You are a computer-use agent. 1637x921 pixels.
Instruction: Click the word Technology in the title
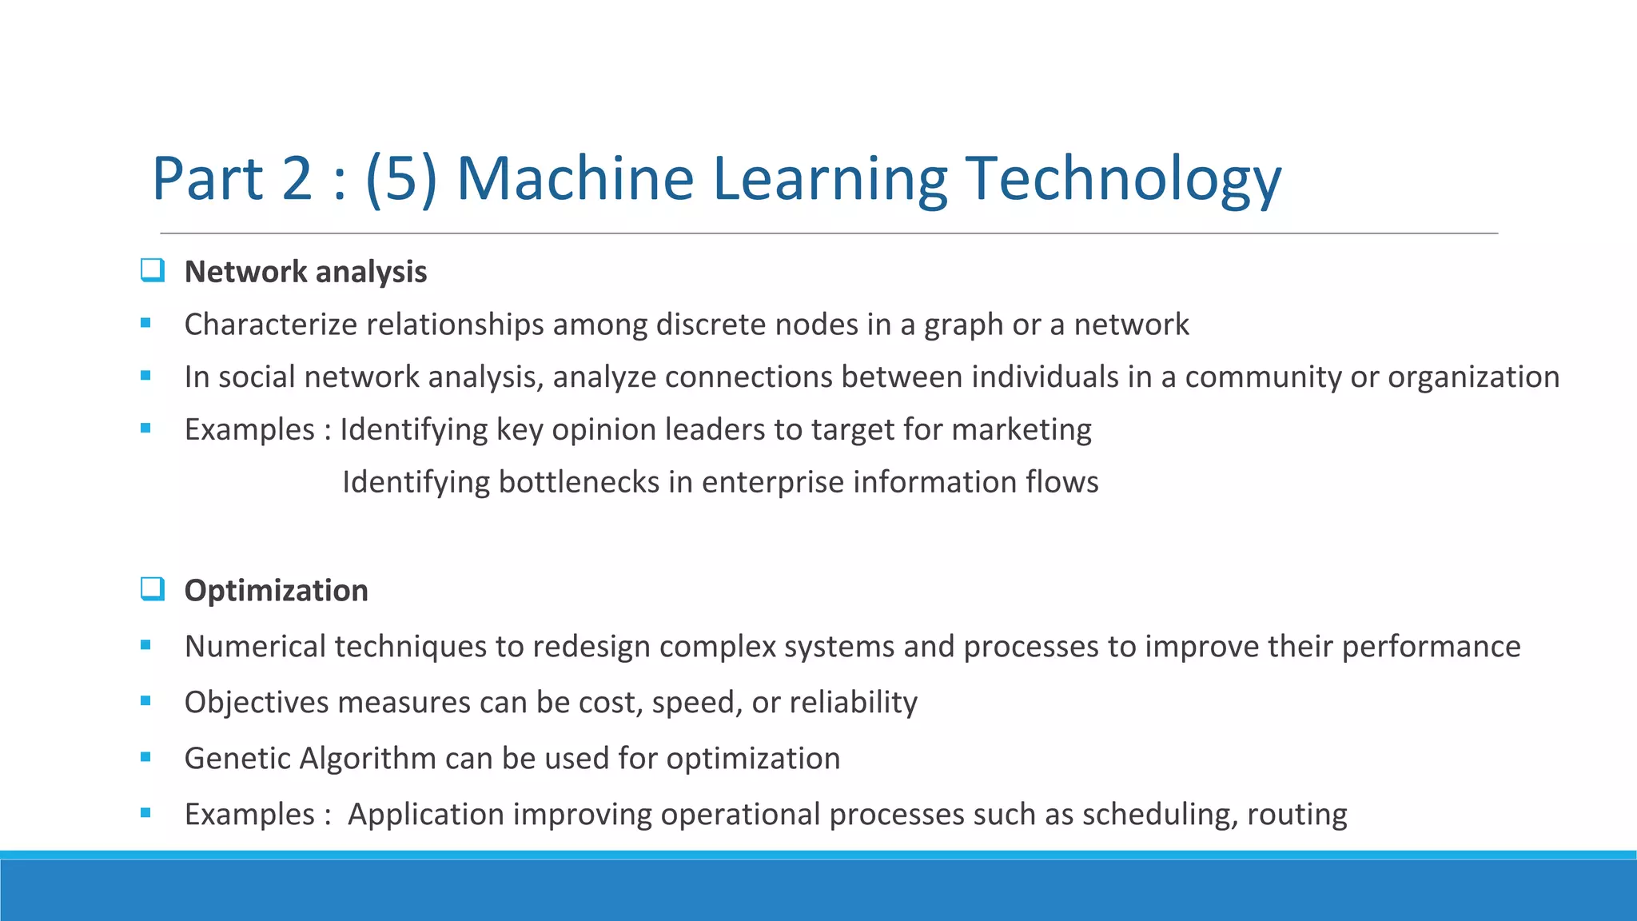tap(1123, 178)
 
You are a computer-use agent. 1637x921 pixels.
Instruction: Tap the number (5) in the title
tap(401, 178)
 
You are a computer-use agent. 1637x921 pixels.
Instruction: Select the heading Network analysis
tap(305, 272)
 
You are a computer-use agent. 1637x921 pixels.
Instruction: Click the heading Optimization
tap(276, 591)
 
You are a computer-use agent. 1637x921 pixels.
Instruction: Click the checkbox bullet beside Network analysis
tap(152, 270)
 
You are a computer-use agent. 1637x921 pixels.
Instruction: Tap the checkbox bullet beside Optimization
tap(152, 589)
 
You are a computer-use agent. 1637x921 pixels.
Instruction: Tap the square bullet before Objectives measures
tap(145, 701)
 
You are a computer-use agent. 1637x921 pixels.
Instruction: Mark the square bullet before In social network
tap(145, 376)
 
